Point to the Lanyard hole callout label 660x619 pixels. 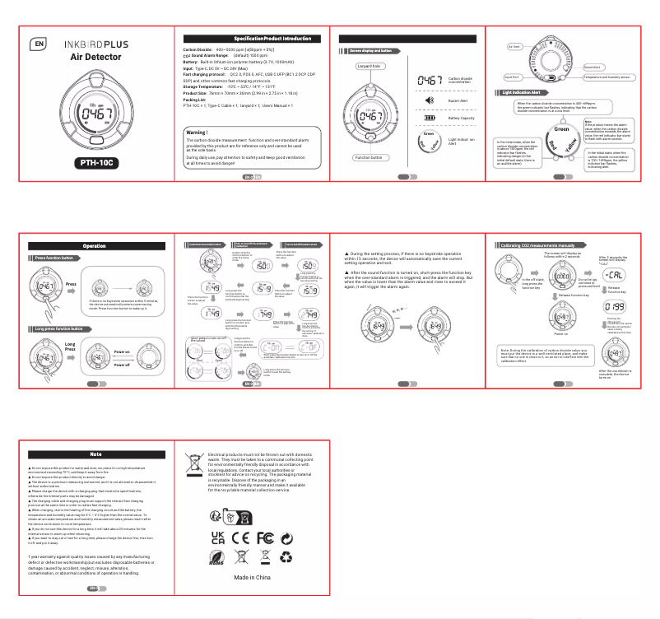click(370, 66)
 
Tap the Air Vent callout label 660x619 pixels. click(516, 46)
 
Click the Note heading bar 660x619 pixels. click(95, 454)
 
